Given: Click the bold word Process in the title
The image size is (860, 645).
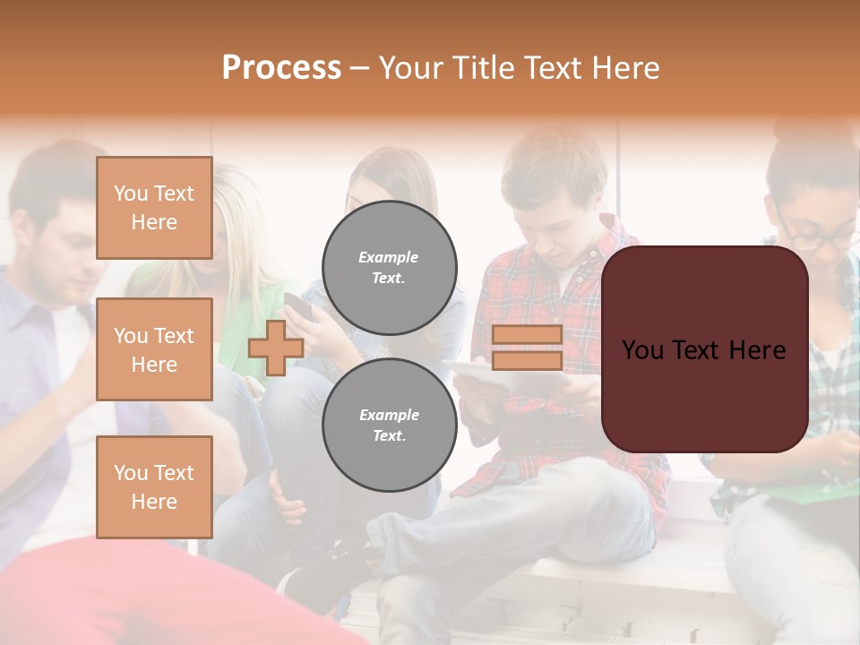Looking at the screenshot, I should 281,67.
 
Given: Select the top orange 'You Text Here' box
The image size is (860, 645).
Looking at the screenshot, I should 154,208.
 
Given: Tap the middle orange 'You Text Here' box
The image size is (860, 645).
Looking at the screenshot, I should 154,349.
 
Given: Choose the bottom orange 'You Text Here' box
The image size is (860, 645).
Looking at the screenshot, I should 154,487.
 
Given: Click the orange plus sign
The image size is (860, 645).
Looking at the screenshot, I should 276,348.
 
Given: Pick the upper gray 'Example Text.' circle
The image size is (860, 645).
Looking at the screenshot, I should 390,268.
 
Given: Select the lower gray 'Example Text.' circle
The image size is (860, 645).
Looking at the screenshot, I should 390,426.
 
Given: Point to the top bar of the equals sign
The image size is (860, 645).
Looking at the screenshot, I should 528,335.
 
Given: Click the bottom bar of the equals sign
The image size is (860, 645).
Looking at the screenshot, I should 528,360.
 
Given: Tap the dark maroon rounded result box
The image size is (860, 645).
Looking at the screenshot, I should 704,349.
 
